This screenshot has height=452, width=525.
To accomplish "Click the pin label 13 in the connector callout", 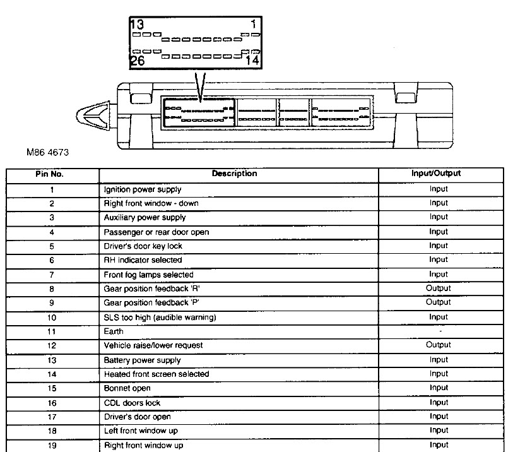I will pos(138,25).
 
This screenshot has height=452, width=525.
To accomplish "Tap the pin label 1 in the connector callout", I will pos(252,25).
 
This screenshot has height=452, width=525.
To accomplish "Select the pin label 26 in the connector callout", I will pos(138,61).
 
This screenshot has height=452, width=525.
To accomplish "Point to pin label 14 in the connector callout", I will pos(252,61).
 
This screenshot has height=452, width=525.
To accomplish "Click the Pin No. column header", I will pos(52,174).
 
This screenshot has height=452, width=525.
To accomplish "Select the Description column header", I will pos(234,174).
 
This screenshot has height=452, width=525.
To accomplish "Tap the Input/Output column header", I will pos(439,174).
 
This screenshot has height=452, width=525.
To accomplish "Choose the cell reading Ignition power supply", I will pos(142,189).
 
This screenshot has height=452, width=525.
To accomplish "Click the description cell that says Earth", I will pos(114,331).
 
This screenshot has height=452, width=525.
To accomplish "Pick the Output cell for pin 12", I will pos(439,345).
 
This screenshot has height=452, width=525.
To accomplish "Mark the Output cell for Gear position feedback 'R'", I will pos(439,288).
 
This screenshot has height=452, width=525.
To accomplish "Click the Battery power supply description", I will pos(142,360).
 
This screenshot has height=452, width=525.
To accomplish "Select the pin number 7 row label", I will pos(52,275).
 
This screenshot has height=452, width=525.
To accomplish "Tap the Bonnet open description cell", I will pos(127,388).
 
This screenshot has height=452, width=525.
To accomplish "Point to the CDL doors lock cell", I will pos(132,403).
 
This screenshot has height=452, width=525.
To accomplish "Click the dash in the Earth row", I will pos(439,331).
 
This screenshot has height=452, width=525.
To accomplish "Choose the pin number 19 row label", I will pos(52,446).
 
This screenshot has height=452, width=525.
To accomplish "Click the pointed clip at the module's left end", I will pos(94,116).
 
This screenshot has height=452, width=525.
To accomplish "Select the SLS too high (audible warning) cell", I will pos(160,318).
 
